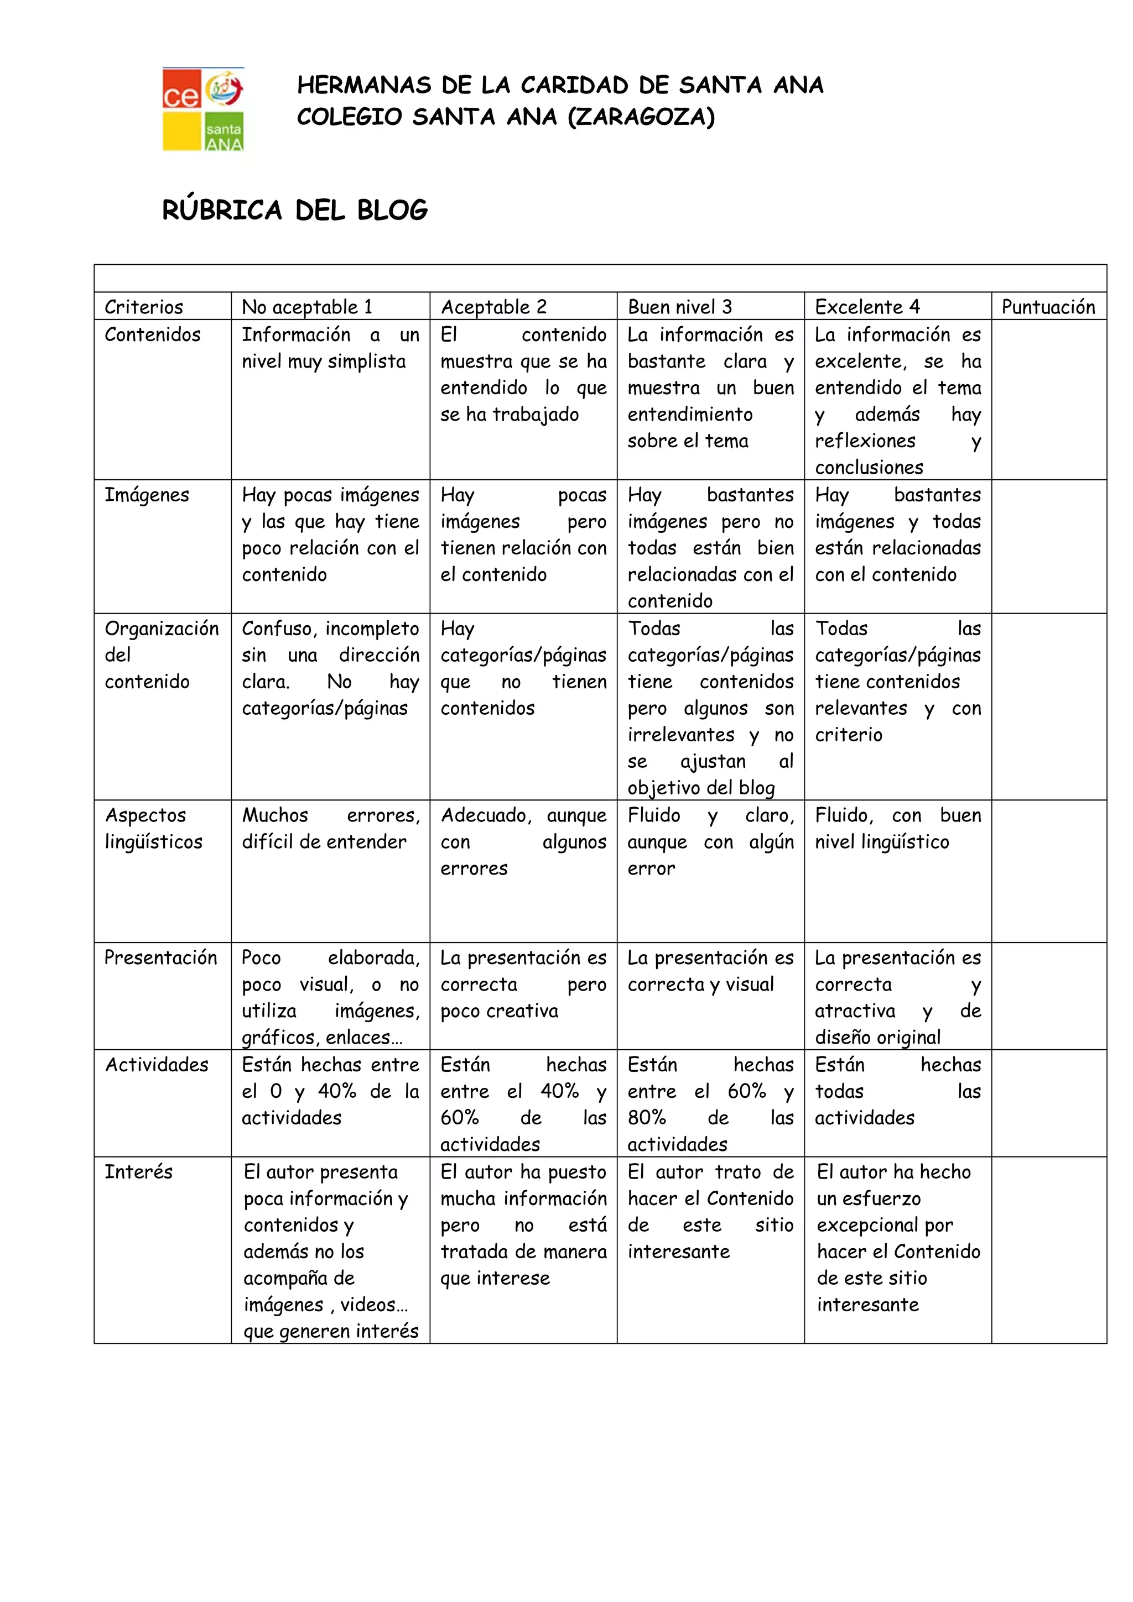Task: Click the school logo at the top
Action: [x=203, y=109]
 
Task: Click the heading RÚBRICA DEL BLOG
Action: [x=295, y=210]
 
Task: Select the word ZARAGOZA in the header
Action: [x=641, y=117]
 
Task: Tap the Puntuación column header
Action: [x=1048, y=307]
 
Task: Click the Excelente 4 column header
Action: [x=867, y=307]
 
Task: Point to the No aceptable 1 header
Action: [x=307, y=307]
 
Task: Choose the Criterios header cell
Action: [x=144, y=307]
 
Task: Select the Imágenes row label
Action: [x=147, y=495]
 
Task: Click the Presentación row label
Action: [x=160, y=957]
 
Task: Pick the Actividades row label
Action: [x=157, y=1065]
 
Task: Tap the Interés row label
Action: [x=138, y=1171]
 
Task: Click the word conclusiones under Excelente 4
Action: [x=869, y=468]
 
